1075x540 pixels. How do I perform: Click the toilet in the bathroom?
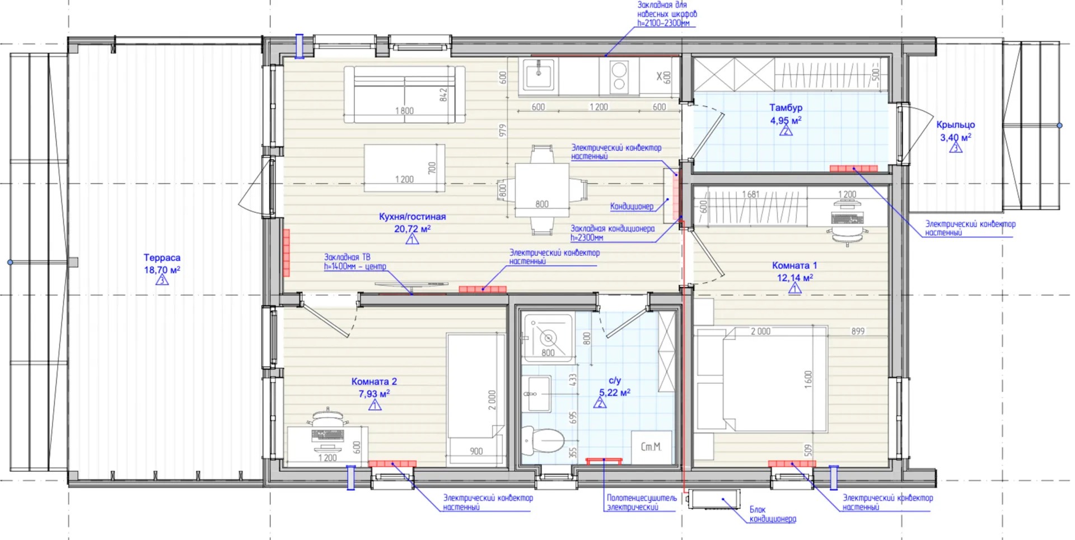tap(542, 441)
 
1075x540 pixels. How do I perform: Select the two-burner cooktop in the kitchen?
tap(619, 76)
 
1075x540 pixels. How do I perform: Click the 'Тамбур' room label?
tap(786, 108)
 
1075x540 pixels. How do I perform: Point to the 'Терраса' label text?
tap(162, 258)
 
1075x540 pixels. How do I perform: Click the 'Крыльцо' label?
tap(955, 125)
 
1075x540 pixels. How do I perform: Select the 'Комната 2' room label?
tap(374, 381)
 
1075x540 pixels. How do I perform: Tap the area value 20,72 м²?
tap(412, 229)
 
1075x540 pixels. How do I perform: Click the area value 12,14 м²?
tap(794, 277)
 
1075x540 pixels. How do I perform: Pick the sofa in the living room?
tap(404, 94)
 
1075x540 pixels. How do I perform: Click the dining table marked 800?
tap(542, 190)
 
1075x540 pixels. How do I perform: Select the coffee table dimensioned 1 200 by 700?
tap(404, 167)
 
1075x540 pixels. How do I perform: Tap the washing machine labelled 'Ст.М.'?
tap(651, 447)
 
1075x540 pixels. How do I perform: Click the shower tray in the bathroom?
tap(548, 337)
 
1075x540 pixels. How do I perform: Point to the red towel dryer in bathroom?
tap(604, 460)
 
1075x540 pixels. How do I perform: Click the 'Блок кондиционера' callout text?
tap(772, 514)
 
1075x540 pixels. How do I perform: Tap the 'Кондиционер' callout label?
tap(632, 206)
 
